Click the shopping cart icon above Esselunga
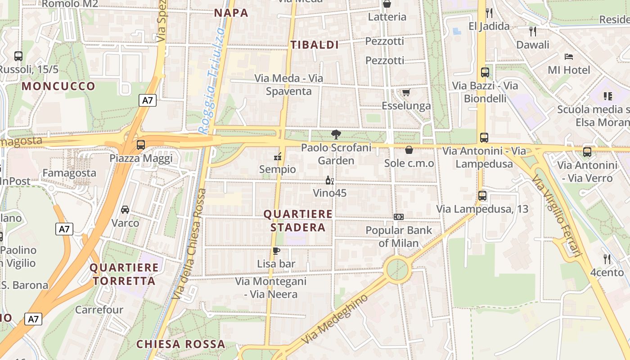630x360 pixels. coord(406,92)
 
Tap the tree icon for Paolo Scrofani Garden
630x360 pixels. coord(336,134)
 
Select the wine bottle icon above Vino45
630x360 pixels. coord(330,180)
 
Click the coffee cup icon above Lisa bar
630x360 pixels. coord(276,251)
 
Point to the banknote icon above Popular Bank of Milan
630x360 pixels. coord(398,217)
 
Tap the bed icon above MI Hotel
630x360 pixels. coord(569,57)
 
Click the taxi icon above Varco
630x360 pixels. coord(125,209)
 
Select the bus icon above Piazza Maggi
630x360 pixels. coord(141,145)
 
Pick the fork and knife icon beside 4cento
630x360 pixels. coord(607,259)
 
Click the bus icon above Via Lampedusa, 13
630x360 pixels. coord(482,196)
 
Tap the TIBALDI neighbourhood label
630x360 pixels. coord(315,45)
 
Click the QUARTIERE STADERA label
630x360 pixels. coord(298,220)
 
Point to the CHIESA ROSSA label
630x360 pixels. coord(180,344)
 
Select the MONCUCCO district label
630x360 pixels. coord(58,86)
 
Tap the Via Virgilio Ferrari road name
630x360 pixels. coord(557,216)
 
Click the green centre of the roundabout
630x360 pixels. coord(398,269)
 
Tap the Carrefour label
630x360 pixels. coord(99,310)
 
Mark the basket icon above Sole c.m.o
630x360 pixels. coord(409,150)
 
